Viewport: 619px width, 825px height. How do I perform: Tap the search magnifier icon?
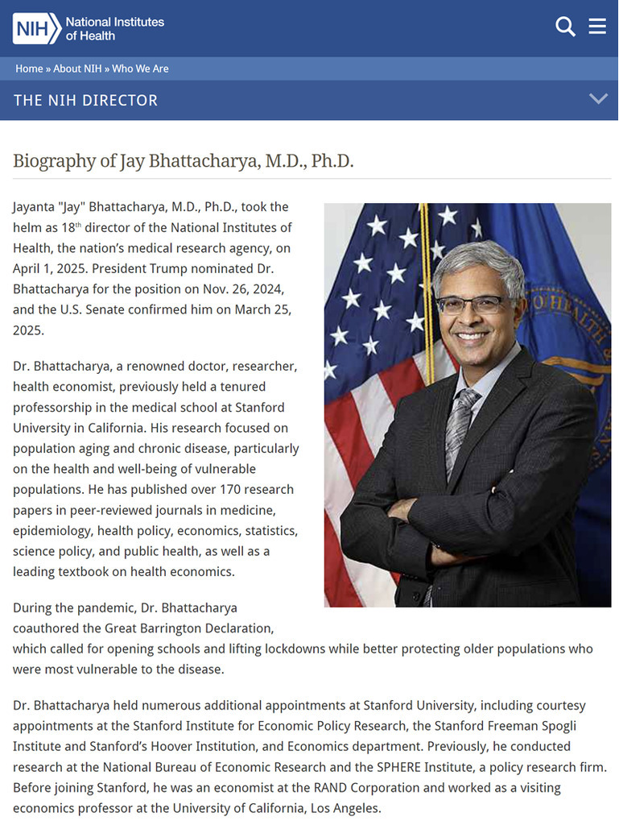coord(565,27)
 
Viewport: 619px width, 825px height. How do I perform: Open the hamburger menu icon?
coord(597,27)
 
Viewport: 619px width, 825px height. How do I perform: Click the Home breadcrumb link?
coord(29,68)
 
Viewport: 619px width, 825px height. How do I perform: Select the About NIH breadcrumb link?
coord(77,68)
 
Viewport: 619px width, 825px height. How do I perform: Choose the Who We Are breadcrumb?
coord(140,68)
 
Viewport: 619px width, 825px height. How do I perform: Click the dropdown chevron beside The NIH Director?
coord(598,99)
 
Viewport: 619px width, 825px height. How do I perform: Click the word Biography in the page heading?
coord(54,160)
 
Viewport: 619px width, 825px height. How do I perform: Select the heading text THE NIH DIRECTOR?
coord(85,101)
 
